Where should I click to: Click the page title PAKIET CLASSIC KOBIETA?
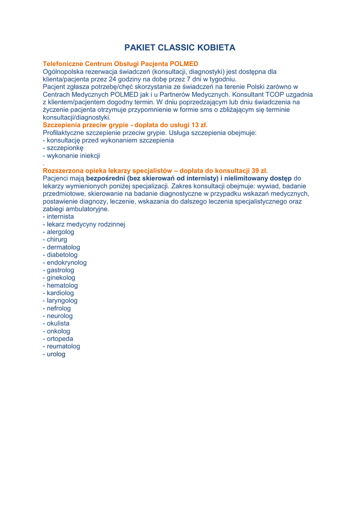[180, 48]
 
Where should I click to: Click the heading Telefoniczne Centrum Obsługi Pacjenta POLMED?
[121, 64]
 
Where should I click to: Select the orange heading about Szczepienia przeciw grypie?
[125, 125]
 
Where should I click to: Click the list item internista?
[60, 217]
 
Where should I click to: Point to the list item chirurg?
[57, 240]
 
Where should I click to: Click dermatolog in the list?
[63, 247]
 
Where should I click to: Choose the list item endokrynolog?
[66, 262]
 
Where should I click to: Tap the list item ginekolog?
[61, 278]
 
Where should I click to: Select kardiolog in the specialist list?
[60, 293]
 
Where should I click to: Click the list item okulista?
[58, 323]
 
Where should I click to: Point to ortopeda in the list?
[60, 339]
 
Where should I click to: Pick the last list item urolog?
[56, 354]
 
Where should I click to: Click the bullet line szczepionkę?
[65, 148]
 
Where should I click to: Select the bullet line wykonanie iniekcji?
[73, 156]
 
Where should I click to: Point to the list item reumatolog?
[63, 346]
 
